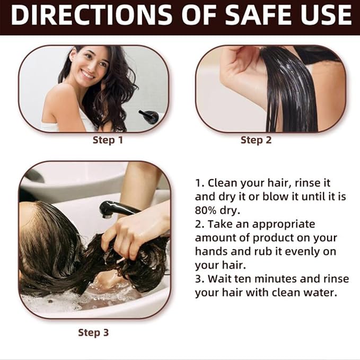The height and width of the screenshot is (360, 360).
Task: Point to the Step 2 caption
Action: [256, 141]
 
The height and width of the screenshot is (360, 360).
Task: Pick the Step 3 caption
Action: [93, 333]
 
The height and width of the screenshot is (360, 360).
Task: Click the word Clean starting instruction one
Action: [222, 183]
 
